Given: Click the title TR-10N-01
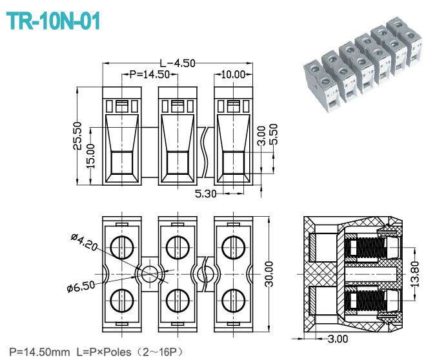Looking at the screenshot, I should pos(54,21).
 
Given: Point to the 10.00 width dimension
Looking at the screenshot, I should pos(233,74).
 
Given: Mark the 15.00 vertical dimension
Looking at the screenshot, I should pos(90,155).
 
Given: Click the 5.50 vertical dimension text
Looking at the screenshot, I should pos(274,135).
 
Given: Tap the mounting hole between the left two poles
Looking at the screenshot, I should pos(149,274).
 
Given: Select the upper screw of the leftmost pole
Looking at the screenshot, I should pos(121,246).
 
